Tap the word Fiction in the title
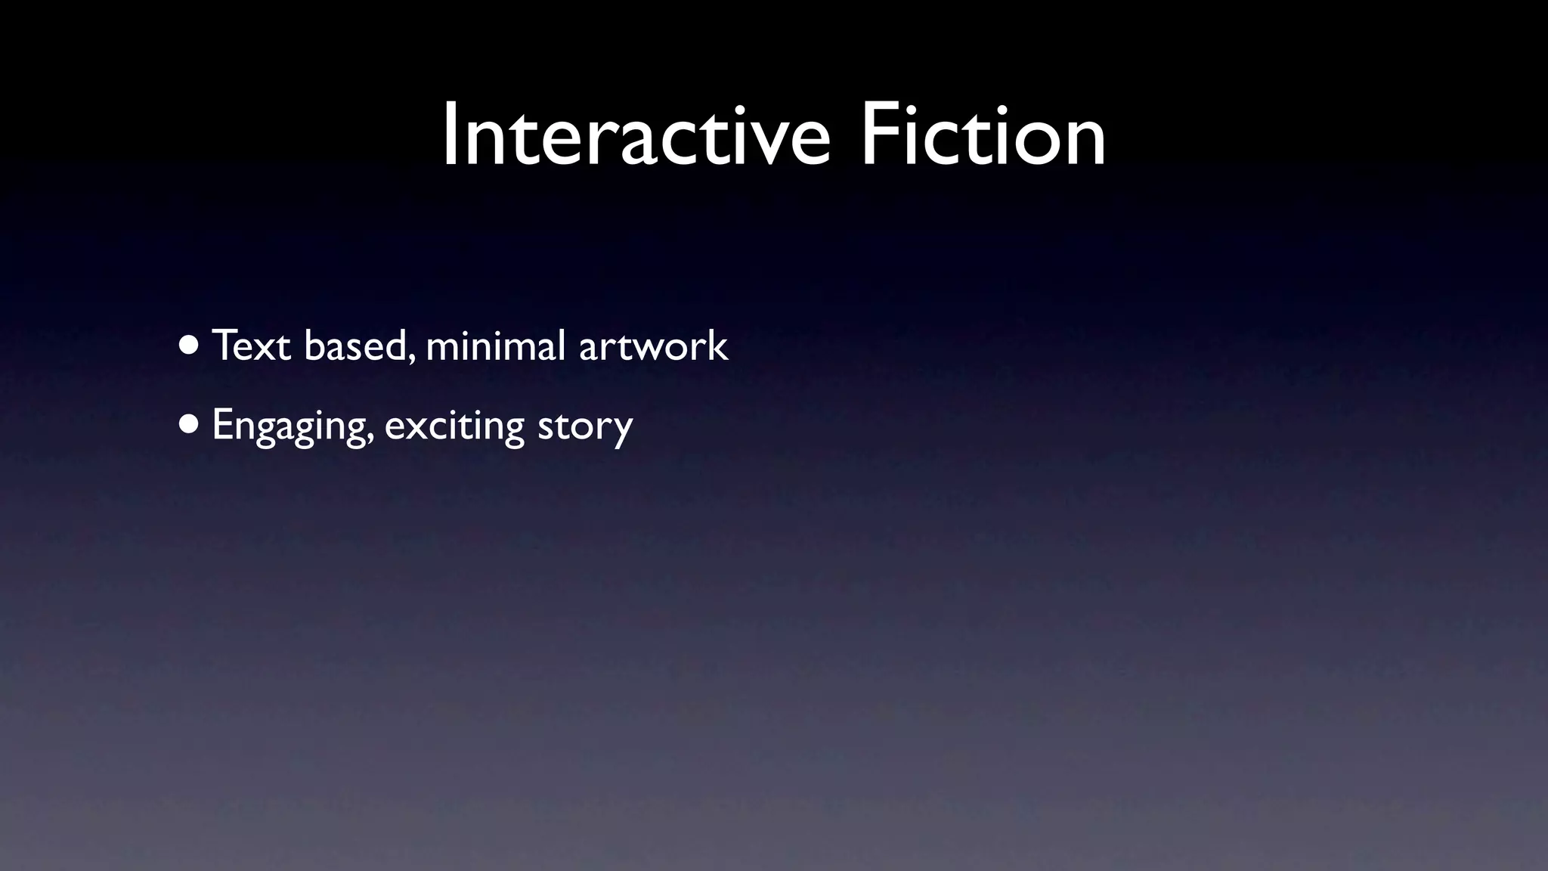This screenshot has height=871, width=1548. [x=983, y=137]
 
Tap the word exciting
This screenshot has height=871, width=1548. [x=454, y=426]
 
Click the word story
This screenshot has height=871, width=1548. [x=585, y=426]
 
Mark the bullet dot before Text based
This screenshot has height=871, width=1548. [x=190, y=346]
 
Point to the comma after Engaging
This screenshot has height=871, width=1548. [x=370, y=439]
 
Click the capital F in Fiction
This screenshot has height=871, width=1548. [x=880, y=137]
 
